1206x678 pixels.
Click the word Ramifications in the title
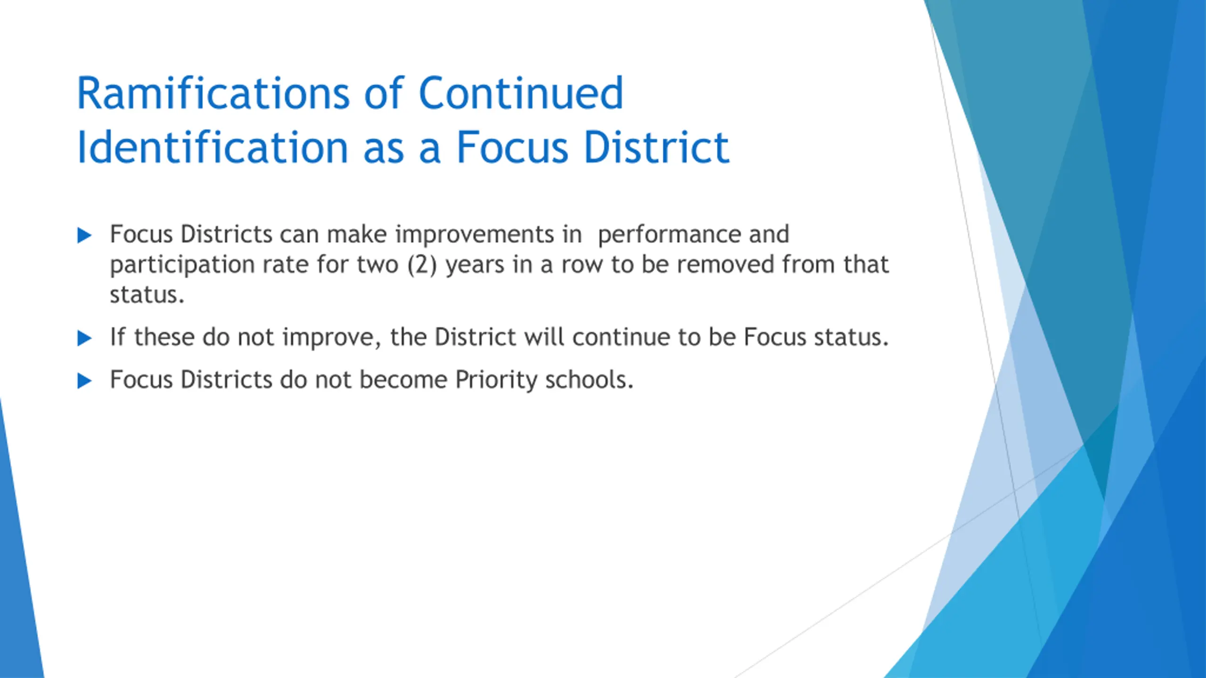(x=213, y=93)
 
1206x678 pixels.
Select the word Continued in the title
(x=521, y=93)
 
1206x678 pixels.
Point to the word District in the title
(x=657, y=147)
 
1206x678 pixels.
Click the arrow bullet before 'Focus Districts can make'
(x=84, y=235)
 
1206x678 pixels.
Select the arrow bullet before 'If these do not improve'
(x=84, y=338)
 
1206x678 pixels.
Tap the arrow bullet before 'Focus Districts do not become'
(x=84, y=380)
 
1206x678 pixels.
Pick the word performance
(x=669, y=235)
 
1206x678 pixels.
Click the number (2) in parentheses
(x=422, y=265)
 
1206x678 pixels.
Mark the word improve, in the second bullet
(x=332, y=338)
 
